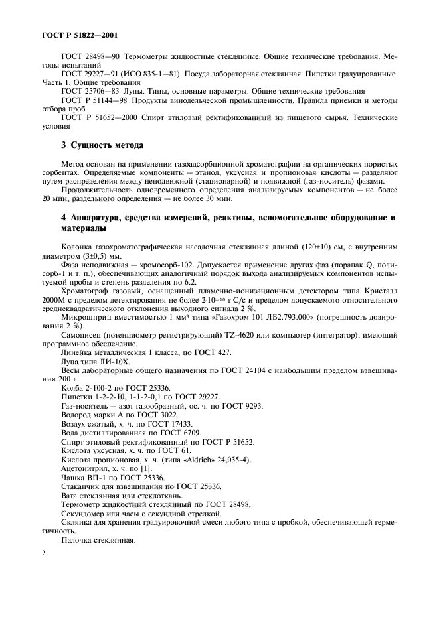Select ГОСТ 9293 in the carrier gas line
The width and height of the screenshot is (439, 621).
click(242, 405)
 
